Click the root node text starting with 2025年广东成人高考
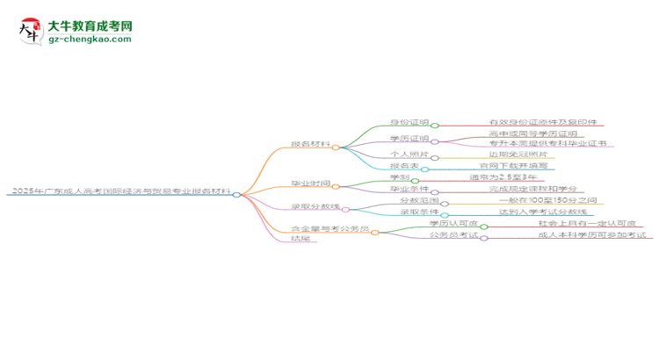click(119, 193)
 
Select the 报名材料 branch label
click(310, 145)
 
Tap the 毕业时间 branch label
click(310, 184)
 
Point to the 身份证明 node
click(409, 123)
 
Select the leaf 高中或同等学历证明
click(533, 133)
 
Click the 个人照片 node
click(409, 155)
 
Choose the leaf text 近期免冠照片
click(525, 155)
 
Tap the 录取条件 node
click(418, 212)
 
